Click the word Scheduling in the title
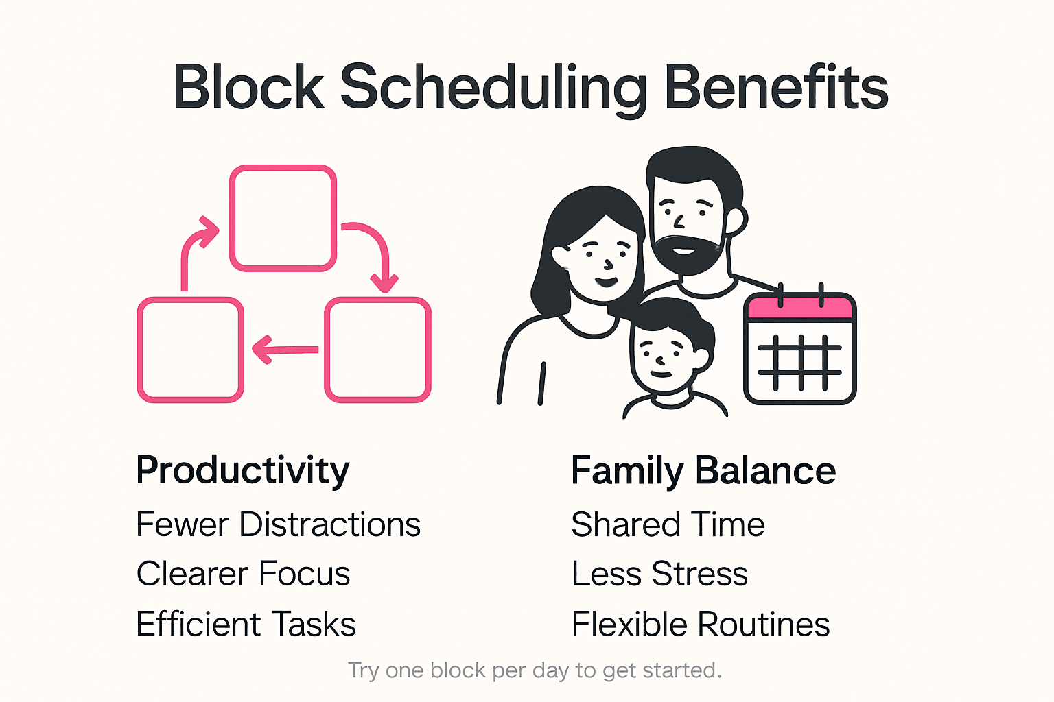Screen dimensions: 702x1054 click(x=493, y=88)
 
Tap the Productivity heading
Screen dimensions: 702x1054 click(x=242, y=470)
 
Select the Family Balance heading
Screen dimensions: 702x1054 click(x=703, y=471)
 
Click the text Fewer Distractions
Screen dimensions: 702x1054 click(x=278, y=525)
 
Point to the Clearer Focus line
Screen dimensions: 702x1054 click(x=243, y=574)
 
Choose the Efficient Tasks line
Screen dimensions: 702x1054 click(x=246, y=625)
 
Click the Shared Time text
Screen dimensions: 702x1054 click(x=668, y=525)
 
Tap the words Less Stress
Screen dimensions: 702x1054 click(x=659, y=574)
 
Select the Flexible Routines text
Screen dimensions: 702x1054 click(x=701, y=625)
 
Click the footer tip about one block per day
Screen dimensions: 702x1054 click(x=535, y=670)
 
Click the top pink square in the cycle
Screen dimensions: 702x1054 click(x=283, y=218)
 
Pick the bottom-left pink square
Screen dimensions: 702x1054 click(x=191, y=350)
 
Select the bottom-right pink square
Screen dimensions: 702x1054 click(x=377, y=350)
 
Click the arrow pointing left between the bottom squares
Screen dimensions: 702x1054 click(x=284, y=350)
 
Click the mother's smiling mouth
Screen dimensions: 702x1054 click(x=605, y=281)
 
